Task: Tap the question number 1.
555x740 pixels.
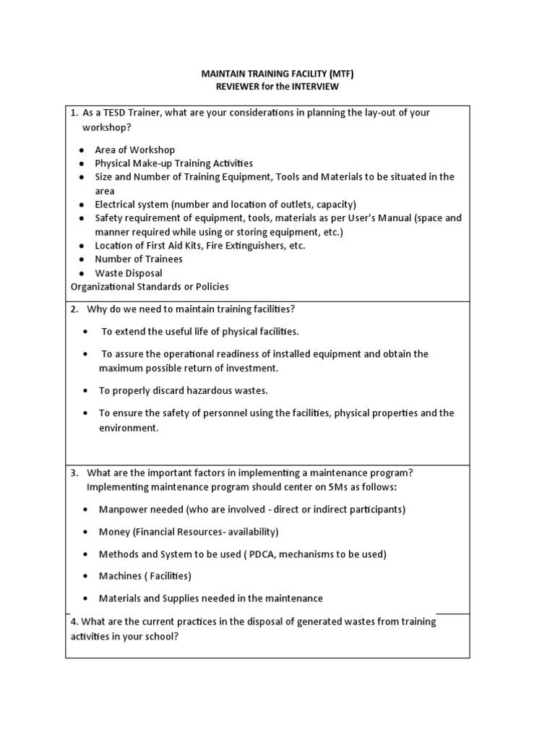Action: tap(74, 113)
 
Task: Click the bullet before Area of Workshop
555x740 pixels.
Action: tap(82, 150)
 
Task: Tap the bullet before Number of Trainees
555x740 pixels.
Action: tap(82, 259)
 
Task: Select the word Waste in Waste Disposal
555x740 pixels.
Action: tap(109, 273)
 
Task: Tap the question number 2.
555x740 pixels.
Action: tap(74, 309)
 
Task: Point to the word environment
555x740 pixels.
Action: tap(128, 428)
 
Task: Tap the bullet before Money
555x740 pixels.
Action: tap(85, 532)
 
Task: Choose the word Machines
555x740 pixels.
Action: tap(119, 577)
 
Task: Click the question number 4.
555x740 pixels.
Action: tap(74, 622)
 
